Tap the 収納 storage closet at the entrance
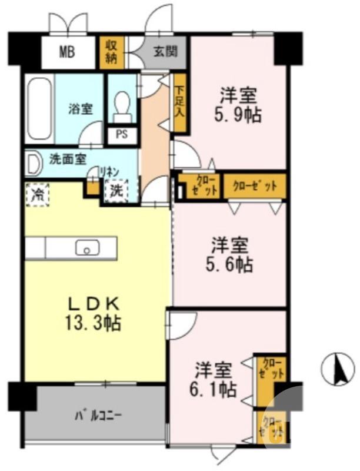(111, 52)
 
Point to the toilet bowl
(123, 105)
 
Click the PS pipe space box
(122, 134)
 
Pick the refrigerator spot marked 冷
(36, 193)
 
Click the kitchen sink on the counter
(87, 248)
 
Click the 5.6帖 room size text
(230, 264)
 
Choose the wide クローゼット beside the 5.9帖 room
(255, 187)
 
